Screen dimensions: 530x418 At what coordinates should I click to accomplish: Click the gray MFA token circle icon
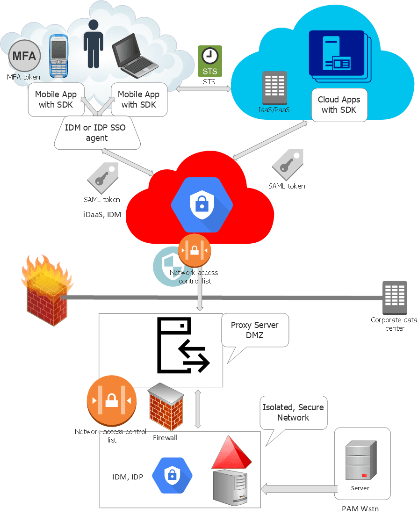tap(24, 56)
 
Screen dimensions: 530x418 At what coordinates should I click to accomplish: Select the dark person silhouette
tap(94, 44)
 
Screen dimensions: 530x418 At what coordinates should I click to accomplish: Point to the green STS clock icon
tap(210, 61)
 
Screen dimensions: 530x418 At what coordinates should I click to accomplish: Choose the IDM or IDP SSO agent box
tap(97, 133)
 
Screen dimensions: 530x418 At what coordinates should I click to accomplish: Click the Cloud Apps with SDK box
tap(339, 105)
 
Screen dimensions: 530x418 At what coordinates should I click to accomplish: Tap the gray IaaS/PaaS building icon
tap(275, 88)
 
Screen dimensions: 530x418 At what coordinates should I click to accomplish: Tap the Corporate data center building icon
tap(394, 298)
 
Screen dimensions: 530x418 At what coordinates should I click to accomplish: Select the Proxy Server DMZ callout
tap(255, 330)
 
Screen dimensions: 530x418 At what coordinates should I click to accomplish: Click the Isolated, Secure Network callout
tap(293, 413)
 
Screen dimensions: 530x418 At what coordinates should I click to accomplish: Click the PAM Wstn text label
tap(360, 508)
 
